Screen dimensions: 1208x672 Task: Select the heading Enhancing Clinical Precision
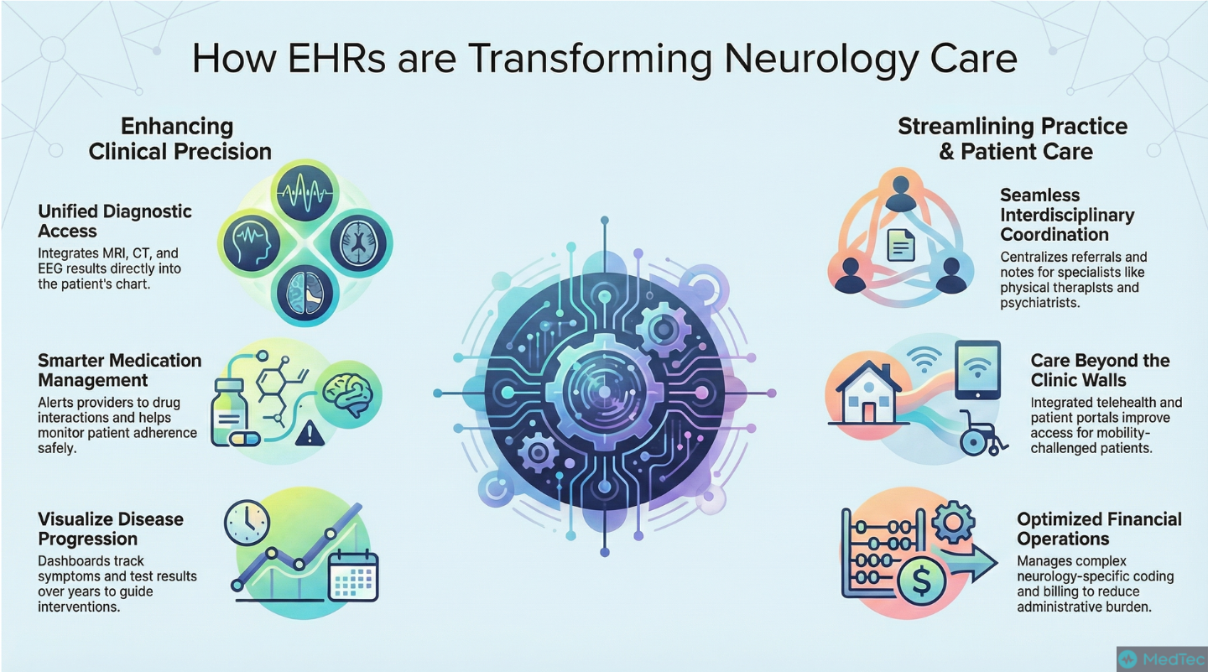tap(180, 139)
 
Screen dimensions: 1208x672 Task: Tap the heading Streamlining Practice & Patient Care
tap(1013, 139)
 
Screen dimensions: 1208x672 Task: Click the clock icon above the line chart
tap(247, 523)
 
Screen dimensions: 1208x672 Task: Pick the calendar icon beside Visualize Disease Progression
tap(353, 576)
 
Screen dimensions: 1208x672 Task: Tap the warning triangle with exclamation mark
tap(310, 434)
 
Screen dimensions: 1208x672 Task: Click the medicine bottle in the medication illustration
tap(229, 412)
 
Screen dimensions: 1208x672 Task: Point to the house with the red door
tap(868, 393)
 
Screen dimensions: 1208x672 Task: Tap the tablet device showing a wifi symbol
tap(977, 370)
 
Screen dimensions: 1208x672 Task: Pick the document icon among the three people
tap(901, 245)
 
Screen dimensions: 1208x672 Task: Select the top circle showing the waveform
tap(305, 191)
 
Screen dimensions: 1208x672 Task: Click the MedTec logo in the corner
tap(1162, 659)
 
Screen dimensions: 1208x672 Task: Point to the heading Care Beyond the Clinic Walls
tap(1100, 370)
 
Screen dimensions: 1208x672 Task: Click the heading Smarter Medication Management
tap(120, 370)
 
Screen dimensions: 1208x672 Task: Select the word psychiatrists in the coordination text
tap(1039, 303)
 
